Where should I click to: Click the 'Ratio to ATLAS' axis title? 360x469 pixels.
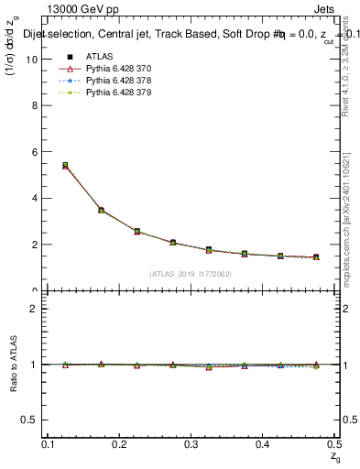[14, 364]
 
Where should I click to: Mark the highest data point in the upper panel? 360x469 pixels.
[65, 166]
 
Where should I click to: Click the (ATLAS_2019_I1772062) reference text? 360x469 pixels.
[191, 274]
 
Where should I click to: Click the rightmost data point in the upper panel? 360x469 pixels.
[316, 257]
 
